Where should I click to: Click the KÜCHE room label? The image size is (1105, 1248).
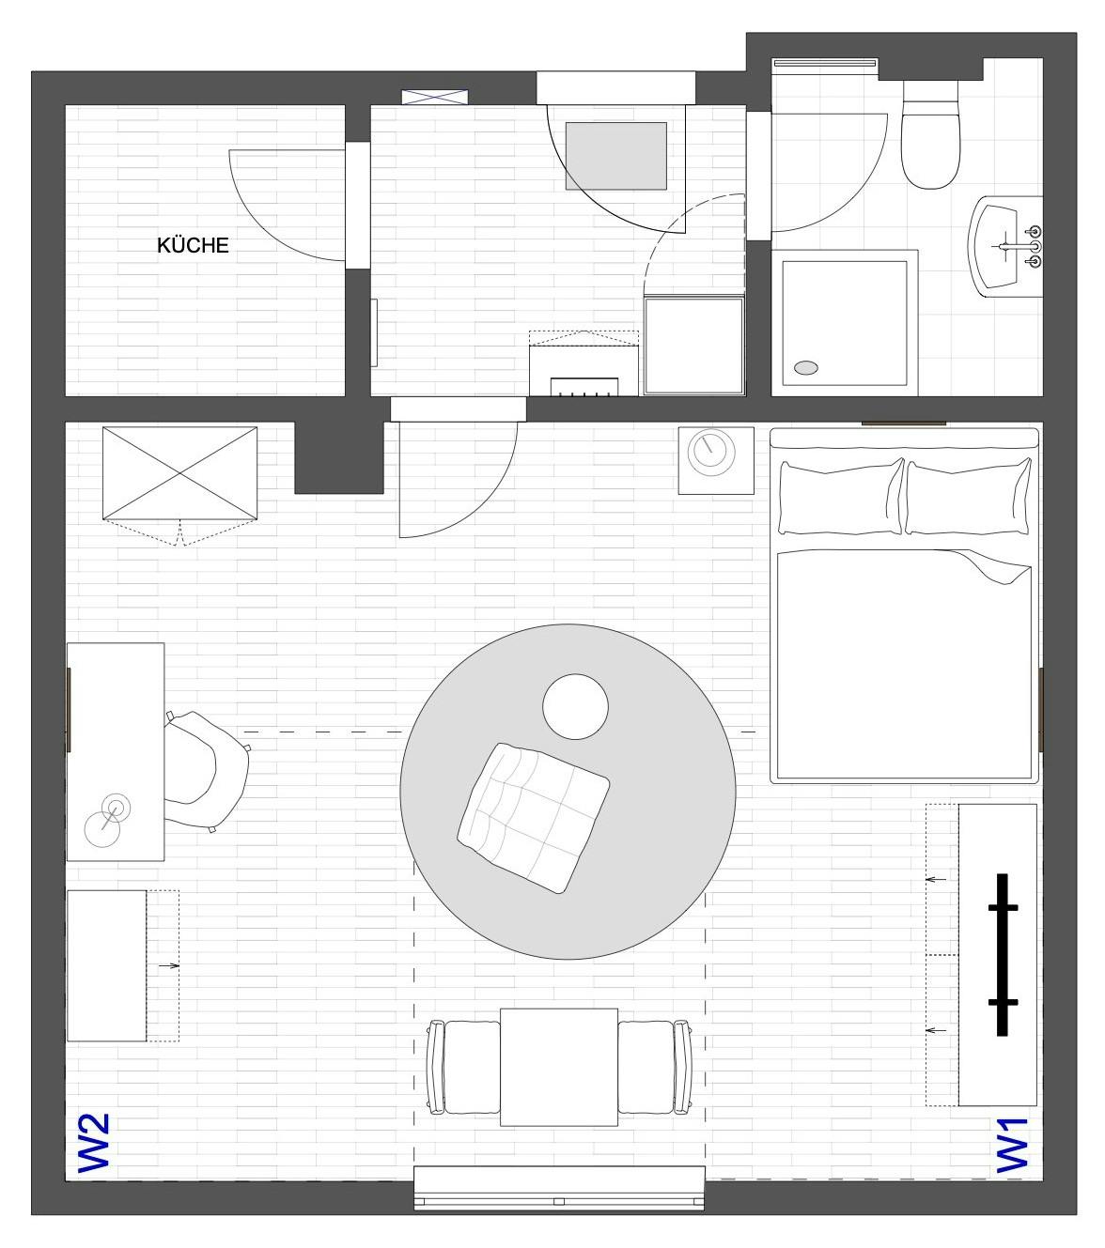click(193, 245)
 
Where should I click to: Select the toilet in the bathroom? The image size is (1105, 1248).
click(930, 135)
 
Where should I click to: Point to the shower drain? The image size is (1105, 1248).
click(806, 368)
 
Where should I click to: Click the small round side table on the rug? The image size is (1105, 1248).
click(575, 706)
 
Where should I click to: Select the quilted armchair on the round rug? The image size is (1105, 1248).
click(533, 818)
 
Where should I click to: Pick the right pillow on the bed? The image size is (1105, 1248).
click(968, 497)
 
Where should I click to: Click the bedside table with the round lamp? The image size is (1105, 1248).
click(716, 461)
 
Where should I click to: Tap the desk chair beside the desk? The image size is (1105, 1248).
click(207, 770)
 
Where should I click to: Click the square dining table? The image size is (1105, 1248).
click(558, 1067)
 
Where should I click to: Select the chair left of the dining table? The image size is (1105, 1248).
click(464, 1067)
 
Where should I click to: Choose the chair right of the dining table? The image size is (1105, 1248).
click(655, 1067)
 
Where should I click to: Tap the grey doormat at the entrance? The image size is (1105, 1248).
click(616, 156)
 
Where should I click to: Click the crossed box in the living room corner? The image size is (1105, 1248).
click(180, 473)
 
